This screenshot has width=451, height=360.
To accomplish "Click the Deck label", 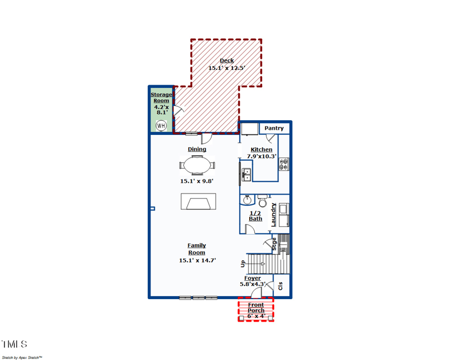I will (227, 61).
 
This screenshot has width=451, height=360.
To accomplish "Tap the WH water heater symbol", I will (161, 125).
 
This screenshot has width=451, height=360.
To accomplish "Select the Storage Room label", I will (161, 98).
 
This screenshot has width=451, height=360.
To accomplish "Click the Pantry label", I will (274, 129).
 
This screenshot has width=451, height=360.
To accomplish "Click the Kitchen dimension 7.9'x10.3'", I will (262, 156).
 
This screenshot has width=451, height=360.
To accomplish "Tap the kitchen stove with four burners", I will (284, 164).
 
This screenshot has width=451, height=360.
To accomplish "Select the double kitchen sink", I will (246, 174).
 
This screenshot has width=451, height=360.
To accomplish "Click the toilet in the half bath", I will (262, 201).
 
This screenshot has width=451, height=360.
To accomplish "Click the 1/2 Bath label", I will (255, 216).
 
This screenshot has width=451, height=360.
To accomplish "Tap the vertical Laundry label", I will (274, 214).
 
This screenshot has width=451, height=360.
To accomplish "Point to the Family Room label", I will (197, 249).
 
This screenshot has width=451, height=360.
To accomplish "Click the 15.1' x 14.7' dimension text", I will (197, 261).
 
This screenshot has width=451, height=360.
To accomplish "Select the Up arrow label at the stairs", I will (243, 264).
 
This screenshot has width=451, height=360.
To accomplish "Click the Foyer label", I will (253, 278).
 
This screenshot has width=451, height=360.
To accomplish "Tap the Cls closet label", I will (281, 286).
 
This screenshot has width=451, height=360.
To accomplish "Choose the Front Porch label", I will (256, 308).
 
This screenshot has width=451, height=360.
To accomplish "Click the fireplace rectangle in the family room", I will (198, 201).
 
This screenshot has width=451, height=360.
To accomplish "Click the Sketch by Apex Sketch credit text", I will (22, 357).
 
